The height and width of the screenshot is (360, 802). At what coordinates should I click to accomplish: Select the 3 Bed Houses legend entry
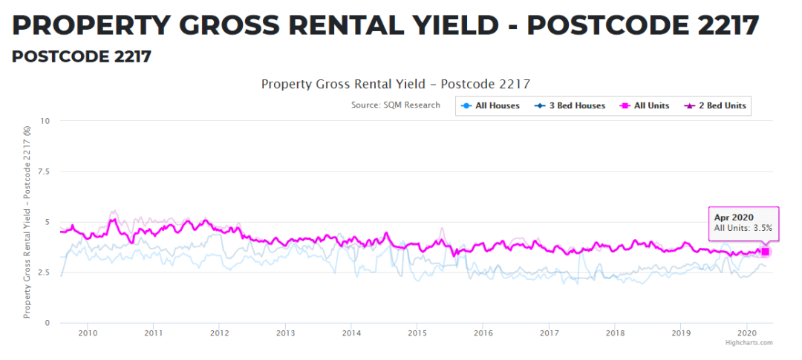pyautogui.click(x=570, y=106)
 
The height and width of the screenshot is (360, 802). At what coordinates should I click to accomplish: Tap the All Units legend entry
pyautogui.click(x=645, y=106)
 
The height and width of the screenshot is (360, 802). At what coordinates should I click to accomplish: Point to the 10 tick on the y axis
pyautogui.click(x=45, y=121)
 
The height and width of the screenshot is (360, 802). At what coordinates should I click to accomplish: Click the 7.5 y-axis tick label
pyautogui.click(x=43, y=171)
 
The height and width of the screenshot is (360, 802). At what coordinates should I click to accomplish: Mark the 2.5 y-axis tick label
pyautogui.click(x=43, y=272)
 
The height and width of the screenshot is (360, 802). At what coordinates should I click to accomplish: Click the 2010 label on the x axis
pyautogui.click(x=88, y=332)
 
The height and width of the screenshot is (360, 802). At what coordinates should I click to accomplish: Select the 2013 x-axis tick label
pyautogui.click(x=285, y=332)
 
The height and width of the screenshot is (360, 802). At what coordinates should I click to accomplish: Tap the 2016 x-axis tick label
pyautogui.click(x=483, y=332)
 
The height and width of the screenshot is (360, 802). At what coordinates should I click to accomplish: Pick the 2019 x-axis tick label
pyautogui.click(x=680, y=332)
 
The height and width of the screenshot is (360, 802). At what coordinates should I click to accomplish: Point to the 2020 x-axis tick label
pyautogui.click(x=746, y=332)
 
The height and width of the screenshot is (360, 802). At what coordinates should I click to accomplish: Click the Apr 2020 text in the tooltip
pyautogui.click(x=734, y=217)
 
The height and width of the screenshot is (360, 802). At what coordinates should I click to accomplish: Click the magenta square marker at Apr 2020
pyautogui.click(x=765, y=252)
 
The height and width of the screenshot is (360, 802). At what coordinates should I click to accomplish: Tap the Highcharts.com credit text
pyautogui.click(x=749, y=343)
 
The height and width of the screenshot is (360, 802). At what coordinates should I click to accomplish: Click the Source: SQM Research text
pyautogui.click(x=395, y=105)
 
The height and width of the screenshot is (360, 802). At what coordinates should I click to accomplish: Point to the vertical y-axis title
pyautogui.click(x=27, y=222)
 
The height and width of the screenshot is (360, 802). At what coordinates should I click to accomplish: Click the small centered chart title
pyautogui.click(x=395, y=84)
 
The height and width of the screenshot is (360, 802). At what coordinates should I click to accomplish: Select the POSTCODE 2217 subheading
pyautogui.click(x=82, y=57)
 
